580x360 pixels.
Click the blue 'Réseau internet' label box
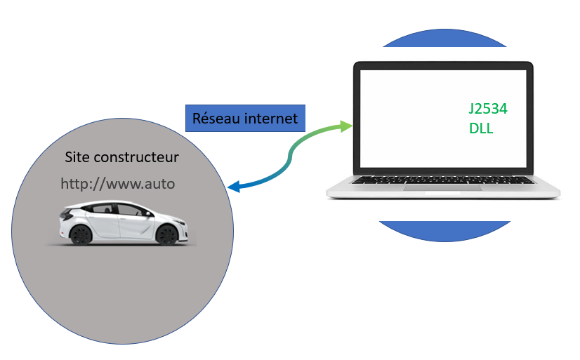pos(244,118)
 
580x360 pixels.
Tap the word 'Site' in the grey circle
pos(77,157)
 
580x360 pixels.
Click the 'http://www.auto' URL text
pos(117,184)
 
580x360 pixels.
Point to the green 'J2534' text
pos(488,109)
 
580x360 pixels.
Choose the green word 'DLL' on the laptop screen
pos(482,128)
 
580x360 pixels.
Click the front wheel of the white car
pos(166,234)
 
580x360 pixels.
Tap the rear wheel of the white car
pos(81,234)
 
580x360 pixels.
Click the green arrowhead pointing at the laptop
pos(345,126)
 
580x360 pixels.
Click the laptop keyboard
pos(442,180)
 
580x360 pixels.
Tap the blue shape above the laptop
pos(444,38)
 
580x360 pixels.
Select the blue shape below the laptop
pos(443,231)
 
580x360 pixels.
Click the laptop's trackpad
pos(443,191)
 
